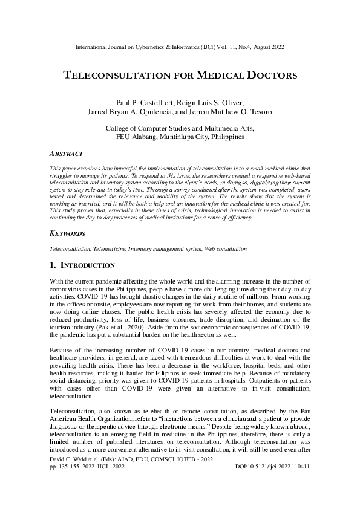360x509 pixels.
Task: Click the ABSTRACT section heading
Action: pos(66,154)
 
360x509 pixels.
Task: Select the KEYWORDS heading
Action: pos(67,233)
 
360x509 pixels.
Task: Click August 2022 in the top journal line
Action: pos(266,47)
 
